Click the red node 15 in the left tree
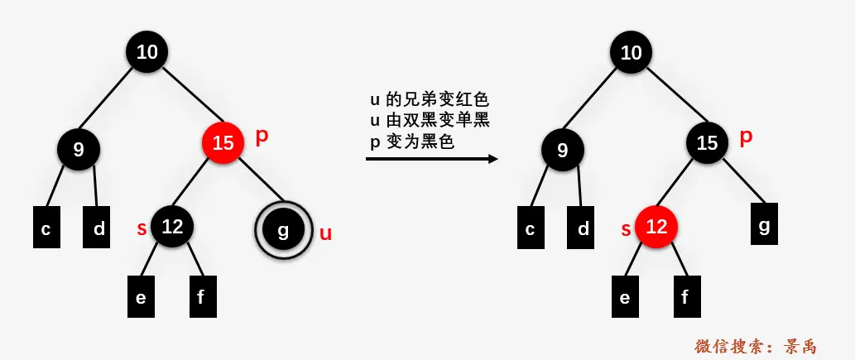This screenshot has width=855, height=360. pos(223,143)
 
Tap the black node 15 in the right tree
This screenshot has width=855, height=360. pos(707,143)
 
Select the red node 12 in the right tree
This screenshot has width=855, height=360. pos(656,226)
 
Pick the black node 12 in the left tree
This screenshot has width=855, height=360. pos(172,226)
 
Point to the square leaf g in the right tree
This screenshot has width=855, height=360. pos(764,224)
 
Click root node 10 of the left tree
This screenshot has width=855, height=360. pos(147,52)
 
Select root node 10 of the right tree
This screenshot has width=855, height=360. pos(631,52)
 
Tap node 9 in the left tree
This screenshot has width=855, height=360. pos(79,150)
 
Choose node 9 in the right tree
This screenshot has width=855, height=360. pos(563,150)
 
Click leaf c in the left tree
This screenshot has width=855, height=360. pos(46,229)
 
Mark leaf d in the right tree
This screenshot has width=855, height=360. pos(584,229)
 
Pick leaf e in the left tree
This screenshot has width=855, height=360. pos(141,297)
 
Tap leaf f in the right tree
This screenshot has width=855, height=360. pos(685,297)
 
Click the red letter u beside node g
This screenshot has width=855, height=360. pos(325,233)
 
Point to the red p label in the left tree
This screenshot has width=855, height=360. pos(262,137)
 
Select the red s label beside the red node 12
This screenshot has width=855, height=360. pos(626,228)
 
